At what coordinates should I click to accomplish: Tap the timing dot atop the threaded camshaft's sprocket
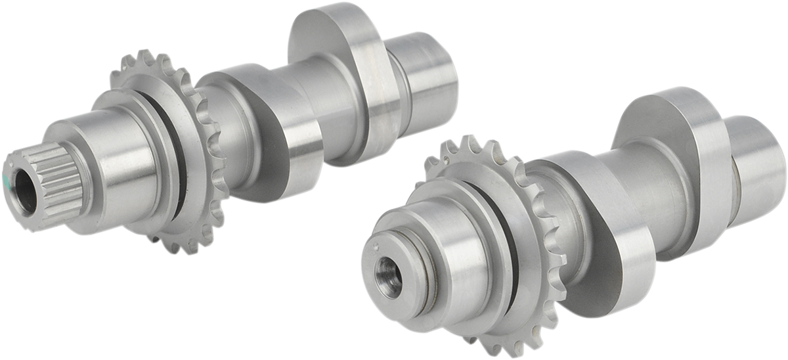click(446, 158)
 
